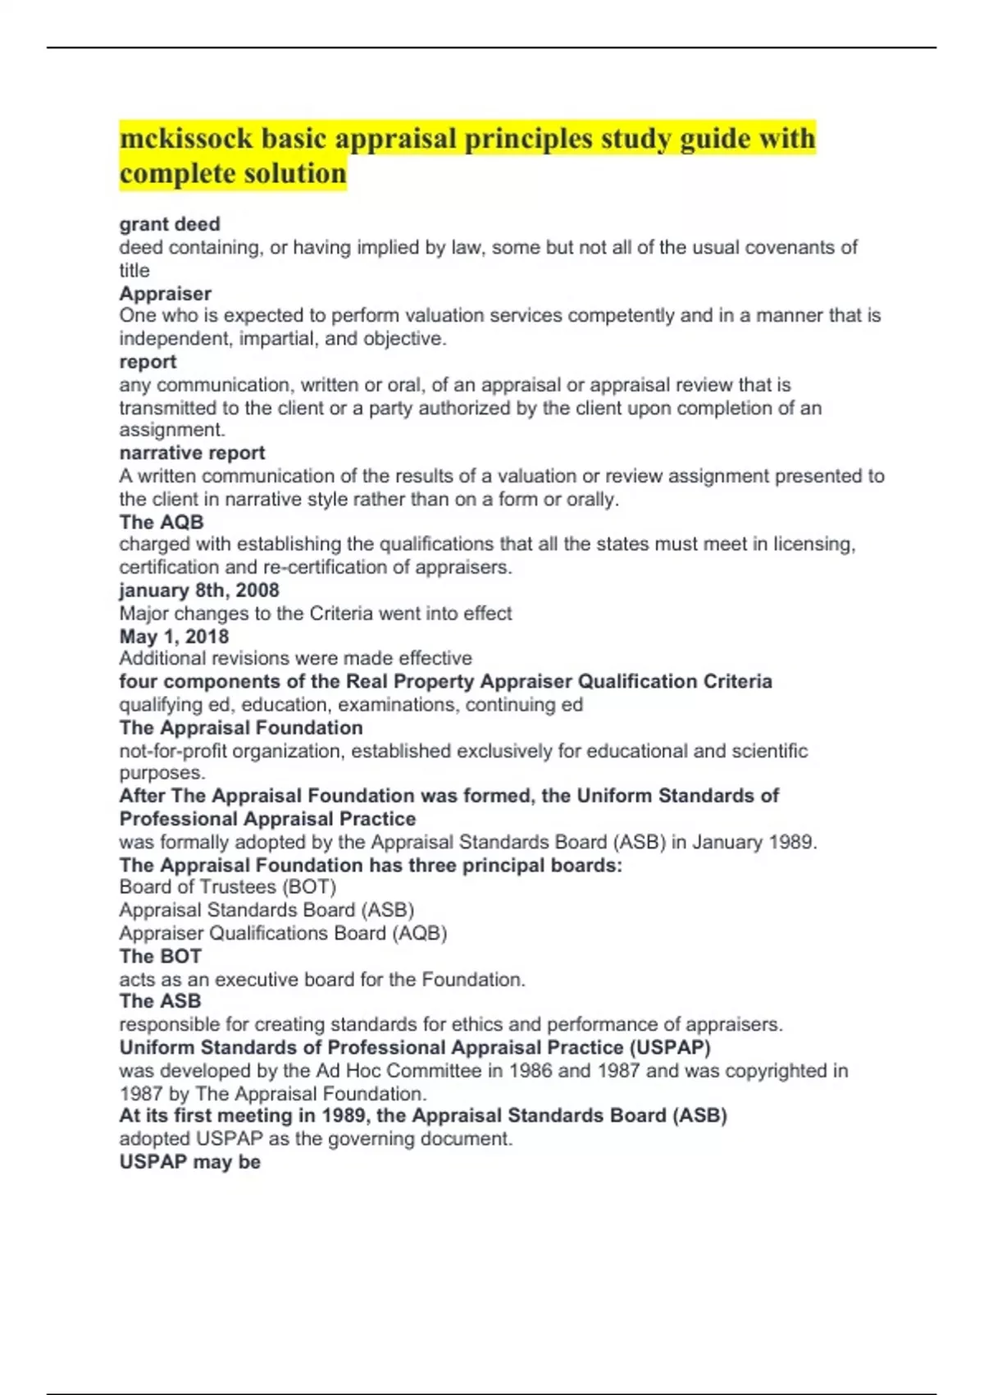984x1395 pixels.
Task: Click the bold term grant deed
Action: click(170, 224)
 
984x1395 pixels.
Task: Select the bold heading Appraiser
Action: click(166, 293)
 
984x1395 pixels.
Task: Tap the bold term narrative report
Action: click(193, 453)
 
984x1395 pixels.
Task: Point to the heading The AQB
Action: click(162, 522)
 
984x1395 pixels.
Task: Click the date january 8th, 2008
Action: click(199, 590)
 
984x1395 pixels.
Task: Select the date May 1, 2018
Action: click(174, 636)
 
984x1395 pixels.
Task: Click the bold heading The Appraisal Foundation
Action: click(241, 728)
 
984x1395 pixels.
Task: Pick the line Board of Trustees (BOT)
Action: click(228, 887)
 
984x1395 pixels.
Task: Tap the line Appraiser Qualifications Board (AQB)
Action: click(283, 933)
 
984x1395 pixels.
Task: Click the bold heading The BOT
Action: click(161, 956)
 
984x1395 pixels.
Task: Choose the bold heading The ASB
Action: click(160, 1001)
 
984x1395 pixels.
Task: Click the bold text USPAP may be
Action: click(190, 1162)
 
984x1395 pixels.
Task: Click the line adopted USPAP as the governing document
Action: click(316, 1139)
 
